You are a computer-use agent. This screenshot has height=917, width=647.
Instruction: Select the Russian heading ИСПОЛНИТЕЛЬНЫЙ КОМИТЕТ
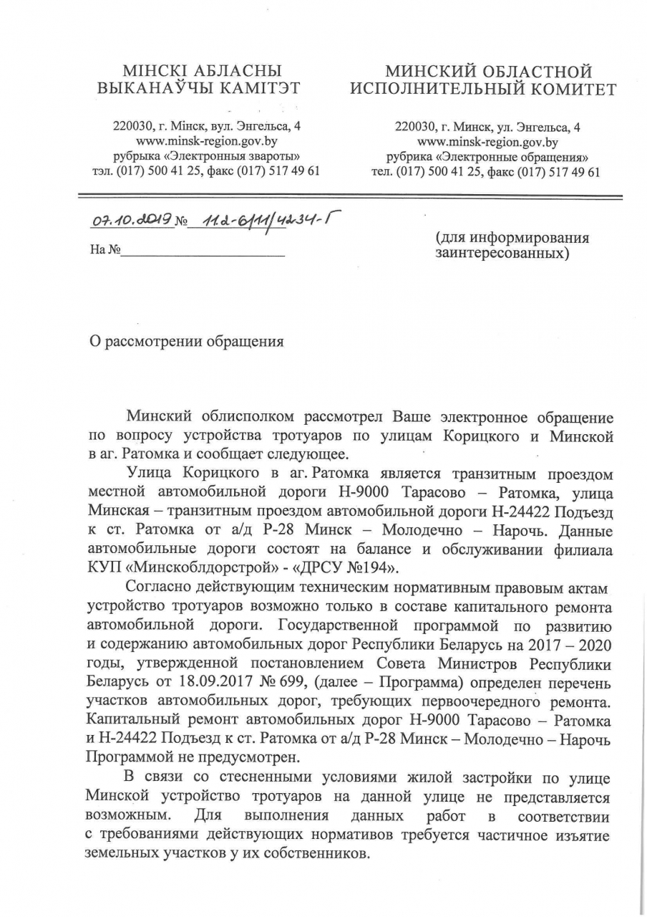(x=482, y=90)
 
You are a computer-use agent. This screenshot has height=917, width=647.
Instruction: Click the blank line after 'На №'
(x=203, y=252)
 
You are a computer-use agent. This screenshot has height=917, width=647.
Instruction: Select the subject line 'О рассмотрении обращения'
(x=186, y=341)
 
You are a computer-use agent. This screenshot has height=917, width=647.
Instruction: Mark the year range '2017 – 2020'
(x=571, y=643)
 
